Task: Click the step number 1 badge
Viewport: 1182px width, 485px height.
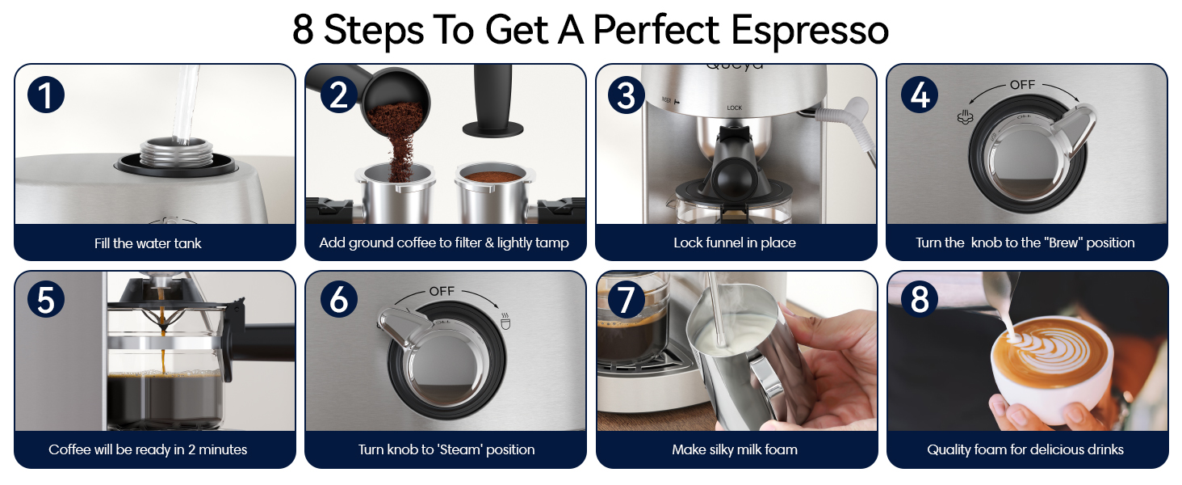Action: pyautogui.click(x=46, y=95)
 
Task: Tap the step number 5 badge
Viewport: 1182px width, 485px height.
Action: pyautogui.click(x=46, y=300)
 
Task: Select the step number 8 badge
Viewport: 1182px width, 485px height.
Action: pyautogui.click(x=920, y=300)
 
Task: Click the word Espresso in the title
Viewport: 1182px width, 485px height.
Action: pyautogui.click(x=810, y=30)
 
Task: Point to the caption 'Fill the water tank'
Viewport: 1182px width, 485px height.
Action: pyautogui.click(x=148, y=243)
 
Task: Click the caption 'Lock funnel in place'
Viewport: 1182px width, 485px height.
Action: pyautogui.click(x=735, y=242)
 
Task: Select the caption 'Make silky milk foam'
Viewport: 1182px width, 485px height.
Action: pyautogui.click(x=735, y=449)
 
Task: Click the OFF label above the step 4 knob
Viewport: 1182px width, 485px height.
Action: pyautogui.click(x=1023, y=85)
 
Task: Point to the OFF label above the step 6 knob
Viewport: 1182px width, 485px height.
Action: pyautogui.click(x=442, y=291)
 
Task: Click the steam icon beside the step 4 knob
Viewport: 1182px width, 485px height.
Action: pyautogui.click(x=965, y=116)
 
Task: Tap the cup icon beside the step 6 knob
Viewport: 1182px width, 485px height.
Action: pyautogui.click(x=505, y=321)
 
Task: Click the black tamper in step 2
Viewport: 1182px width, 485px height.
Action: pyautogui.click(x=493, y=100)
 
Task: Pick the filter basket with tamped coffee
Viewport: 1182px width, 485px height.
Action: pyautogui.click(x=493, y=193)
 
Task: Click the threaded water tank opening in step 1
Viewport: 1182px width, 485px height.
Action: pyautogui.click(x=176, y=154)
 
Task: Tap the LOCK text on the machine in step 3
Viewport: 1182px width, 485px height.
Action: pyautogui.click(x=735, y=108)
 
